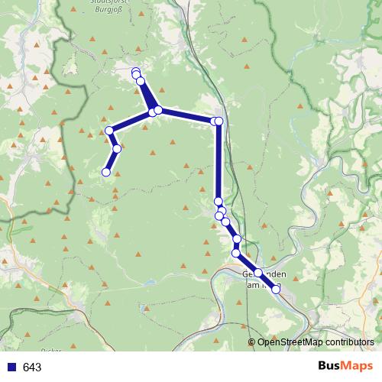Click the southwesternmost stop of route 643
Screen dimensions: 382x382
[x=106, y=172]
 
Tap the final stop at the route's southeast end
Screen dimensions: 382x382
[x=276, y=290]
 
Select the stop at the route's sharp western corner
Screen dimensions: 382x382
[x=109, y=131]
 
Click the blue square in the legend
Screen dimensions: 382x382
[x=9, y=367]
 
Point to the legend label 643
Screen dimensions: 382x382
[x=32, y=367]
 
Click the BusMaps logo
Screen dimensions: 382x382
[x=346, y=366]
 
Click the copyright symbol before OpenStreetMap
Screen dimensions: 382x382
[x=252, y=342]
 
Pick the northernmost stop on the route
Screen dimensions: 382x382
[x=136, y=72]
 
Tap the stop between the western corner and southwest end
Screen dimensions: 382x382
[x=117, y=148]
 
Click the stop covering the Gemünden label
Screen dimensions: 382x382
[x=258, y=273]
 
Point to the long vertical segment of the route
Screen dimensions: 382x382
[x=219, y=160]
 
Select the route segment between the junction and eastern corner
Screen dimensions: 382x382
[x=187, y=116]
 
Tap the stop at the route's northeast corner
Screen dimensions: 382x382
[x=219, y=121]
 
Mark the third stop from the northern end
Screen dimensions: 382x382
[x=141, y=81]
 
